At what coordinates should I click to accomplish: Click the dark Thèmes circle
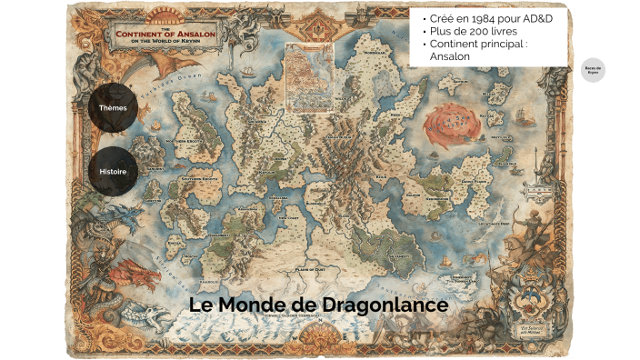[x=113, y=108]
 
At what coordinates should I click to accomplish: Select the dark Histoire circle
[x=113, y=171]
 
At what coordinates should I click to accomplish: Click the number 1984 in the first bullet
[x=476, y=18]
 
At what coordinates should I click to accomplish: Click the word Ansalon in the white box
[x=453, y=56]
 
